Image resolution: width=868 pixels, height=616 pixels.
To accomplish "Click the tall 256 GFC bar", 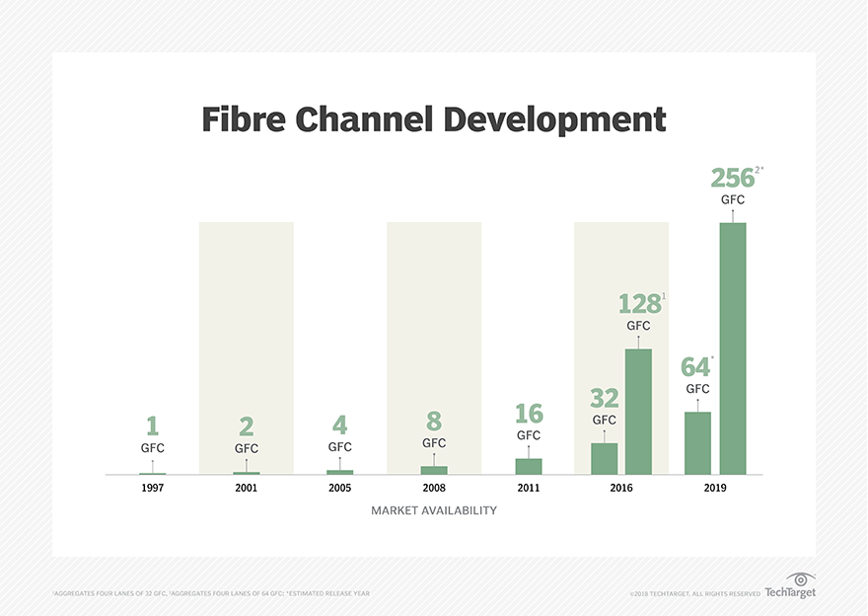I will point(733,348).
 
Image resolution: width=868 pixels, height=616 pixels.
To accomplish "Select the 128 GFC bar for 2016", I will point(638,412).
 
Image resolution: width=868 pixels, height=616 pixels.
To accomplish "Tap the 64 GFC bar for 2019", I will point(697,443).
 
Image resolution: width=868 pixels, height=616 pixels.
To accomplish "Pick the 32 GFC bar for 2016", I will point(604,459).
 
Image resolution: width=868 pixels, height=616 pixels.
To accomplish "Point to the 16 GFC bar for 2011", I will point(529,466).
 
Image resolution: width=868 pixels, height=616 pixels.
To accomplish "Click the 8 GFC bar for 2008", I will point(434,470).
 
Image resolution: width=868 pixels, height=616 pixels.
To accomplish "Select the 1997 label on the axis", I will point(152,488).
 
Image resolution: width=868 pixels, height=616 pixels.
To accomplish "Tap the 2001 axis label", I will point(247,488).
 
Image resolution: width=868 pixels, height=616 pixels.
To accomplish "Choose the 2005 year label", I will point(340,488).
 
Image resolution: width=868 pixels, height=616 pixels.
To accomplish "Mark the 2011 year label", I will point(529,488).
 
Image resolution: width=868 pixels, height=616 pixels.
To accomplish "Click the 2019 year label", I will point(716,488).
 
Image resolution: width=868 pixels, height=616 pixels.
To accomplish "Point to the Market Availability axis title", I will point(434,511).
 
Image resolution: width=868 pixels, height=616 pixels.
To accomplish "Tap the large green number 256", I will point(732,179).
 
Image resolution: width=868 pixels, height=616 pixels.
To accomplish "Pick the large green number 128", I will point(638,304).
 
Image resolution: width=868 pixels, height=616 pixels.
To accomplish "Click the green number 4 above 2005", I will point(340,425).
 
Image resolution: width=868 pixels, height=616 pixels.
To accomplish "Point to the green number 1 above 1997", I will point(152,425).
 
